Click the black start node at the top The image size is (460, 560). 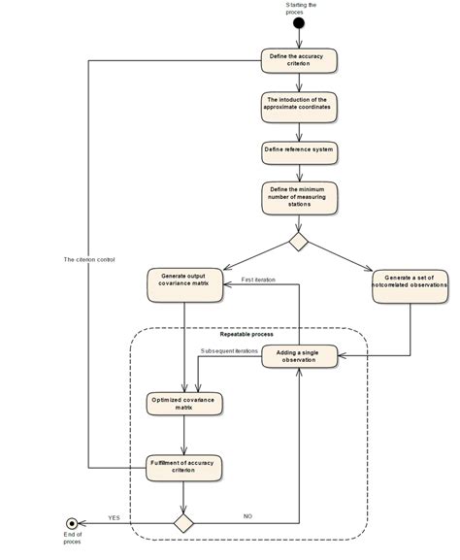click(x=299, y=23)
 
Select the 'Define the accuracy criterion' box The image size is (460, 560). click(x=299, y=60)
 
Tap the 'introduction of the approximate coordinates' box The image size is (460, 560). click(x=299, y=105)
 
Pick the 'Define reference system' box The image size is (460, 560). click(x=299, y=150)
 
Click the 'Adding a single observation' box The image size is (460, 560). click(x=299, y=355)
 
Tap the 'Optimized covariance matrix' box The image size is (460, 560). click(x=183, y=402)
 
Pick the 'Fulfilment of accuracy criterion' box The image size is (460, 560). click(x=183, y=468)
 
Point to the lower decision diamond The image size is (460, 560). click(x=183, y=521)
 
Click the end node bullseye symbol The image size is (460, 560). click(x=70, y=521)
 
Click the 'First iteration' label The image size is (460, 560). click(x=258, y=280)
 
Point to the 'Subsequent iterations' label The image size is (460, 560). click(x=229, y=350)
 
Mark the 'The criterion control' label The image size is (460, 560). click(x=88, y=260)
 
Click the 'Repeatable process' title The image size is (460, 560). click(x=247, y=335)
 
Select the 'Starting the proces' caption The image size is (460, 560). click(x=299, y=8)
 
